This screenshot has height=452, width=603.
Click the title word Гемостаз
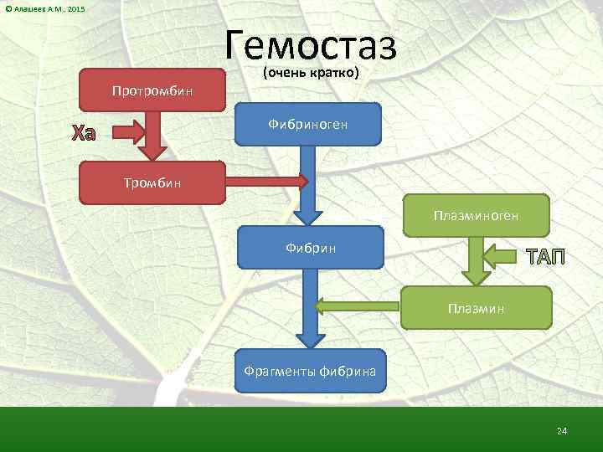(311, 44)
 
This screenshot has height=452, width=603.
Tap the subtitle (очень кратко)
(311, 73)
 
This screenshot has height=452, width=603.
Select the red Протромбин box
(152, 90)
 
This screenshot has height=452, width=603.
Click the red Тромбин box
(152, 182)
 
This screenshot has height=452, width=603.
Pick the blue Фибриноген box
(308, 124)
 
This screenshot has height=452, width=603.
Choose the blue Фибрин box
(311, 248)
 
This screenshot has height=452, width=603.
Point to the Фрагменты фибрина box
(310, 370)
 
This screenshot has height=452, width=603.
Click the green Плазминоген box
(477, 216)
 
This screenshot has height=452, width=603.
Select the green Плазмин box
(477, 307)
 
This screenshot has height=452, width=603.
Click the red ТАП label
(545, 256)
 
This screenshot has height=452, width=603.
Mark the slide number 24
(562, 430)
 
